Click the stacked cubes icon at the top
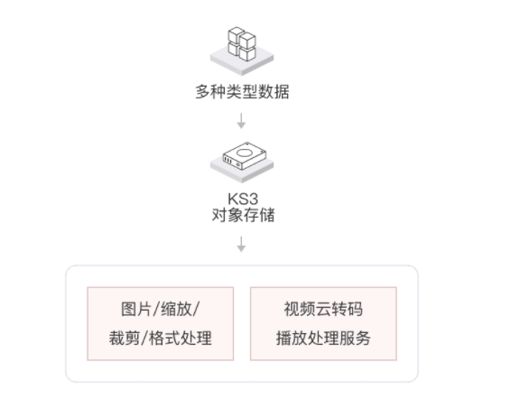[x=242, y=44]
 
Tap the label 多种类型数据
[x=242, y=91]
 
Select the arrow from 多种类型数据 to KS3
[x=241, y=121]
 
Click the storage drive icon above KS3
[x=245, y=156]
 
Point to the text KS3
[x=243, y=199]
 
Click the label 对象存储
[x=243, y=215]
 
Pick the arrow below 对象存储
[x=241, y=244]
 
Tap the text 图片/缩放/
[x=160, y=309]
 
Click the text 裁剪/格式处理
[x=161, y=338]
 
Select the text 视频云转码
[x=323, y=309]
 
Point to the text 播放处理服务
[x=323, y=338]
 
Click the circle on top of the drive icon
[x=245, y=153]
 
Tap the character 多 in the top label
[x=203, y=91]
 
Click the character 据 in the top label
[x=282, y=91]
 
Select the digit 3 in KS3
[x=253, y=199]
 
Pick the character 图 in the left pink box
[x=128, y=309]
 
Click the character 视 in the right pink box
[x=292, y=309]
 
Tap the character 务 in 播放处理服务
[x=363, y=338]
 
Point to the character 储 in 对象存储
[x=267, y=215]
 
